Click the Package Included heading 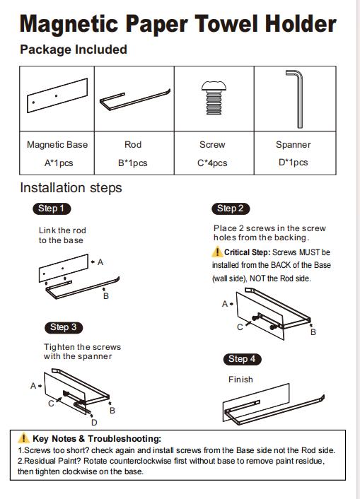point(74,49)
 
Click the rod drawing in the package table point(134,99)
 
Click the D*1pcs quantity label point(293,163)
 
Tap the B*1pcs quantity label point(133,163)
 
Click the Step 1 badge point(52,209)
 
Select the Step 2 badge point(231,209)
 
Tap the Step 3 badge point(64,327)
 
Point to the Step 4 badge point(243,359)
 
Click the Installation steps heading point(71,188)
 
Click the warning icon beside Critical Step point(218,252)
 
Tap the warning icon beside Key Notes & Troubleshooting point(24,439)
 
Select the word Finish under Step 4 point(240,380)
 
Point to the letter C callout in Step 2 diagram point(240,327)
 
